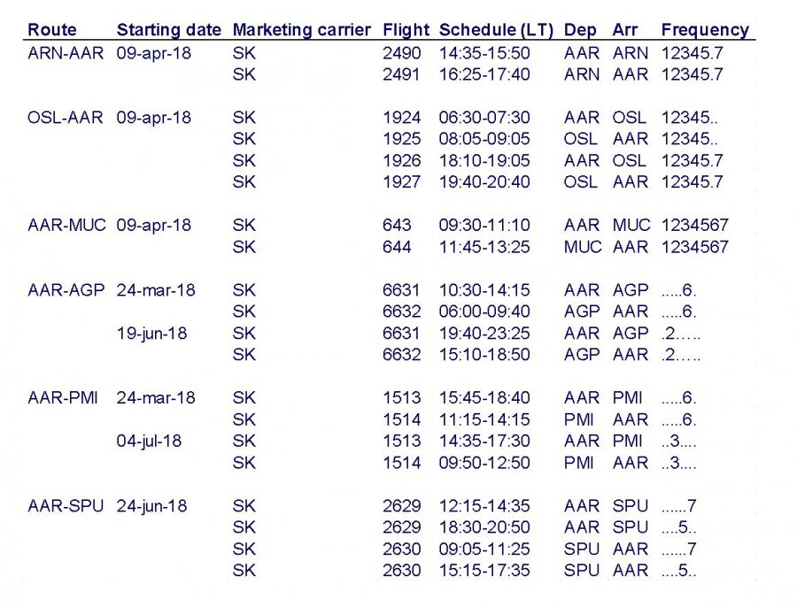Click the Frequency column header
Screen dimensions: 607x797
tap(704, 30)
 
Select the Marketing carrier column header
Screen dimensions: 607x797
tap(301, 30)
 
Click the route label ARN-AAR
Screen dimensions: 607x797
tap(66, 53)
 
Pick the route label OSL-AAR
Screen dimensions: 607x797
tap(66, 118)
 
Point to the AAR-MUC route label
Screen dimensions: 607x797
tap(66, 226)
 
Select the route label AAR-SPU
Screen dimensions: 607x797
tap(66, 506)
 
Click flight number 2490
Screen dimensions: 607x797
tap(402, 53)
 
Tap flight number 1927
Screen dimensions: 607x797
tap(402, 182)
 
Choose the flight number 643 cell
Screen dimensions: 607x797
tap(397, 226)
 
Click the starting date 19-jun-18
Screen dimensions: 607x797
tap(151, 334)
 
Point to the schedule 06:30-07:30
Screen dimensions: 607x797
tap(484, 118)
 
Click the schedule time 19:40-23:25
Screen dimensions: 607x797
tap(484, 334)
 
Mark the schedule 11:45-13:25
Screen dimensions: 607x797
tap(484, 247)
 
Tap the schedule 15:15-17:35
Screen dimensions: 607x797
tap(484, 571)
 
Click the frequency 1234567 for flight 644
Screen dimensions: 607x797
tap(694, 247)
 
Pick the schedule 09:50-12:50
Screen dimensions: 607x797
tap(484, 463)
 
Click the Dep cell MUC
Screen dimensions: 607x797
tap(582, 247)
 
